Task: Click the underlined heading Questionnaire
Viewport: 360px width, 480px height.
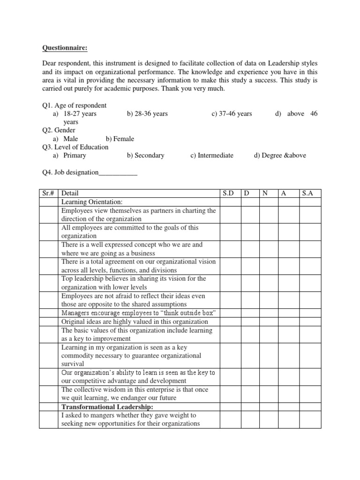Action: tap(64, 47)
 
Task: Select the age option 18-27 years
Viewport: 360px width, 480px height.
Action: tap(80, 114)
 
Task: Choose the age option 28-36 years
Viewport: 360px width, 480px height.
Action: tap(147, 114)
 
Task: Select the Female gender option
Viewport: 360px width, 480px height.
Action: tap(120, 139)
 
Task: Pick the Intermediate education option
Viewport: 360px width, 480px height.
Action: tap(212, 155)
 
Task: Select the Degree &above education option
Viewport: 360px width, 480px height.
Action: tap(280, 155)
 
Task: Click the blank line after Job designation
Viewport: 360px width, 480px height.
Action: tap(118, 172)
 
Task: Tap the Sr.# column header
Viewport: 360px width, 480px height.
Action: tap(48, 194)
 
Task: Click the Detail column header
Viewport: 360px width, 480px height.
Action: tap(70, 194)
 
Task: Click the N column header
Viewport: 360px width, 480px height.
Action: tap(265, 194)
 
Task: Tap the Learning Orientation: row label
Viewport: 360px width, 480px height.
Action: tap(92, 202)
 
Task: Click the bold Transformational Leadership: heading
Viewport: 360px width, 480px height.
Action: tap(107, 407)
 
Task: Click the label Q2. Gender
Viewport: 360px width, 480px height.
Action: tap(59, 130)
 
